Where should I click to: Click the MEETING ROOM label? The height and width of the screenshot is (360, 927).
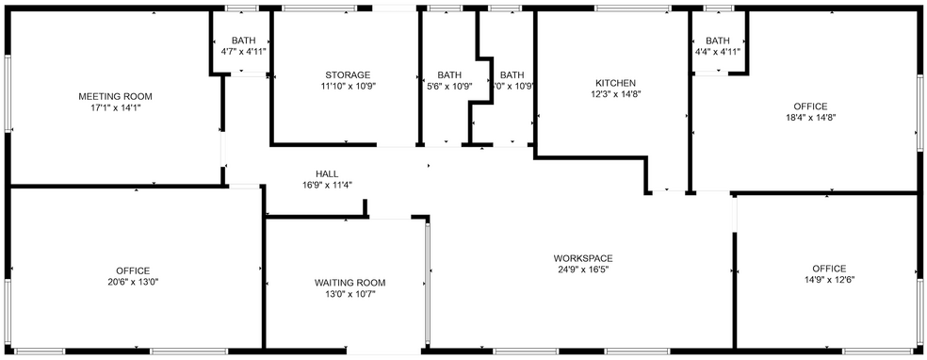coord(115,96)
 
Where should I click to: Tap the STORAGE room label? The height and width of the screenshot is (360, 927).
coord(348,74)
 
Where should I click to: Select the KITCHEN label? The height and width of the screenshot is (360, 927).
coord(616,82)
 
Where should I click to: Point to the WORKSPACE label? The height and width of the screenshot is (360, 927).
coord(583,258)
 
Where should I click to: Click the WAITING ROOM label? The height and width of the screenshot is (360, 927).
coord(350,283)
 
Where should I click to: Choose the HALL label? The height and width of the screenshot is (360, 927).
coord(327,173)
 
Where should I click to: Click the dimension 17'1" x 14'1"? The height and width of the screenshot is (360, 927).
coord(115,108)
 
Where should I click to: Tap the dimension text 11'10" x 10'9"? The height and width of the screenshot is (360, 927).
coord(348,87)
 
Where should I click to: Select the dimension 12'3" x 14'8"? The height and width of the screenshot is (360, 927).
coord(616,94)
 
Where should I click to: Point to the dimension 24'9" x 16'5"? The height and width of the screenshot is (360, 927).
coord(583,270)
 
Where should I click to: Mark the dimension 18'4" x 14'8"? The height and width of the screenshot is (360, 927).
coord(809,118)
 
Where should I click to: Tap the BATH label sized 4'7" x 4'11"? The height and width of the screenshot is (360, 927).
coord(244,40)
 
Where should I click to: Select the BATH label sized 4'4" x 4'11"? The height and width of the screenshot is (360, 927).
coord(718,40)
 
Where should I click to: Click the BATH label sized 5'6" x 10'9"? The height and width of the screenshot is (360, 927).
coord(449,74)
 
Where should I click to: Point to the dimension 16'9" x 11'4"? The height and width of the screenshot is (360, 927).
coord(327,186)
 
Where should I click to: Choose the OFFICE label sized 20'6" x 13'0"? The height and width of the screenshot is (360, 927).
coord(133,270)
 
